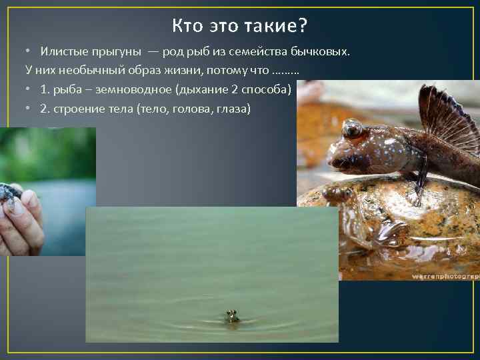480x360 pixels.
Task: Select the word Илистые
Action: tap(61, 52)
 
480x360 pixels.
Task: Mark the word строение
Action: tap(74, 107)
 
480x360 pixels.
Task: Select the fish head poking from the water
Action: tap(231, 315)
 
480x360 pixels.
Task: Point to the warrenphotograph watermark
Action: tap(445, 275)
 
